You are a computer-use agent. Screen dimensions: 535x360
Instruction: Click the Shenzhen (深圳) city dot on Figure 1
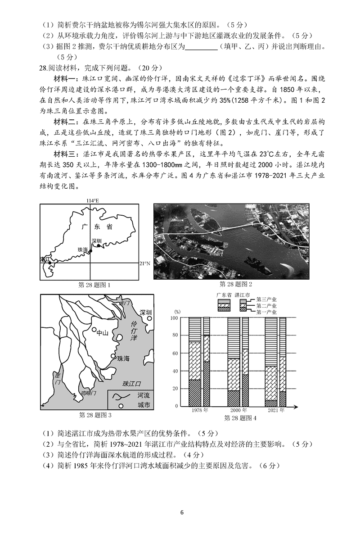tap(99, 246)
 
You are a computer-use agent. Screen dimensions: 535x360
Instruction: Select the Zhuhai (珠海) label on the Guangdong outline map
tap(83, 249)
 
